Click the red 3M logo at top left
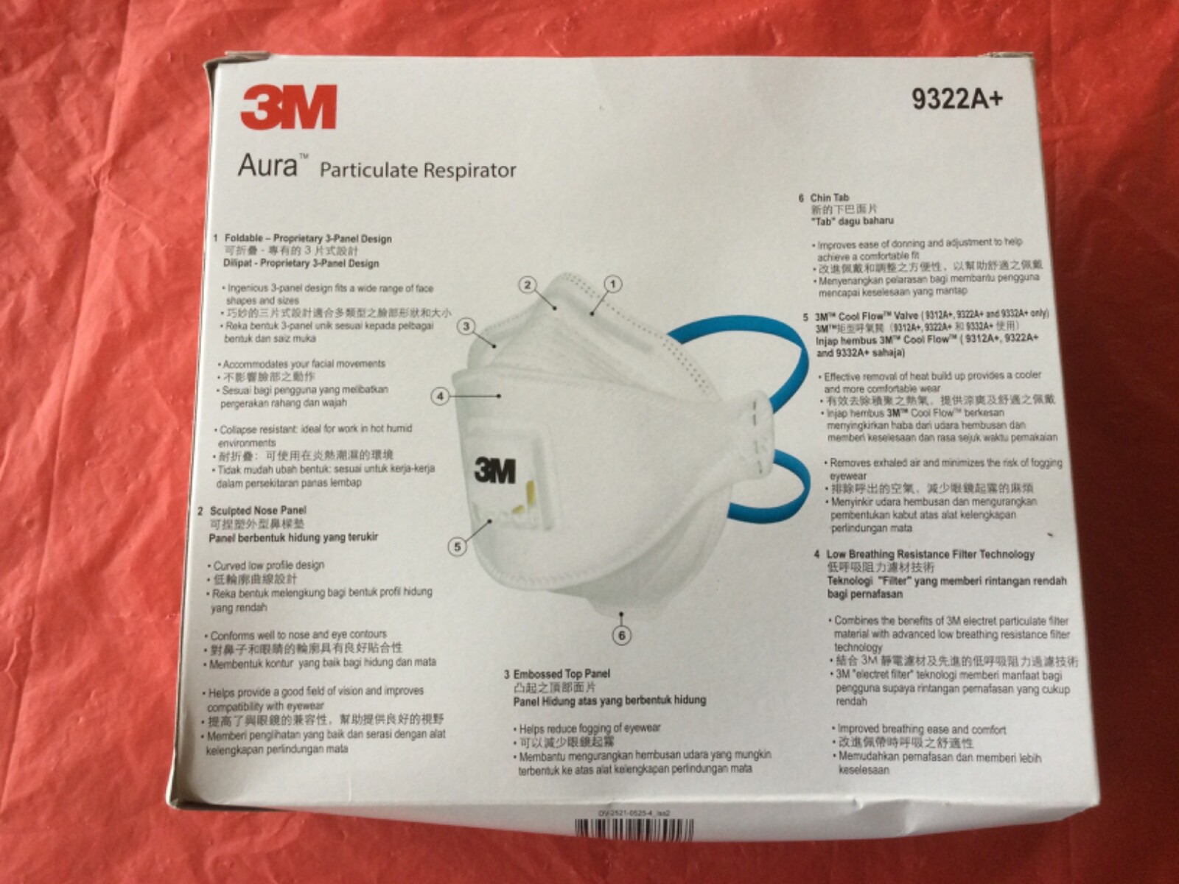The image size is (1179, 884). pyautogui.click(x=288, y=108)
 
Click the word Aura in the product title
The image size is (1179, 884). pyautogui.click(x=267, y=166)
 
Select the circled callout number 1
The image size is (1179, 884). pyautogui.click(x=613, y=284)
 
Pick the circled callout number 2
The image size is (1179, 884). pyautogui.click(x=527, y=285)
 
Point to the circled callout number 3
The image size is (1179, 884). pyautogui.click(x=466, y=326)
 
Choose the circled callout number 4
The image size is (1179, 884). pyautogui.click(x=440, y=396)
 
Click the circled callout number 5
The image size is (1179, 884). pyautogui.click(x=458, y=547)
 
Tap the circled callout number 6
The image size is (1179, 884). pyautogui.click(x=623, y=635)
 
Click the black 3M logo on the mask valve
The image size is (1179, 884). pyautogui.click(x=495, y=470)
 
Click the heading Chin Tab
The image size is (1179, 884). pyautogui.click(x=829, y=198)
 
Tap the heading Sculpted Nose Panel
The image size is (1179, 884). pyautogui.click(x=257, y=511)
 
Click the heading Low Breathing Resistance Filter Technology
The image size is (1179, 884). pyautogui.click(x=930, y=554)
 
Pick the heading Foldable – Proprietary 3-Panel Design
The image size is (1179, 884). pyautogui.click(x=307, y=239)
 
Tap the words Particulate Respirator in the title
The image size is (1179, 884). pyautogui.click(x=417, y=171)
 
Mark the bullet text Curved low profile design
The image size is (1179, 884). pyautogui.click(x=268, y=566)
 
